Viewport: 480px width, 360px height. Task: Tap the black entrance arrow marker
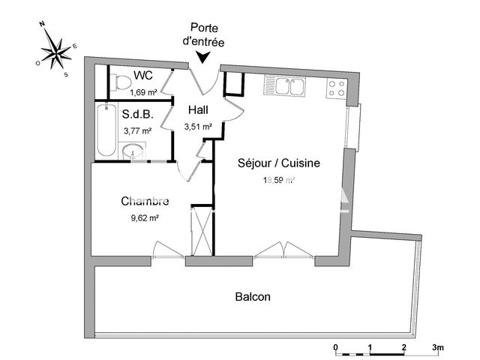point(203,58)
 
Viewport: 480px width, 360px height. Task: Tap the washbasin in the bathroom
point(134,151)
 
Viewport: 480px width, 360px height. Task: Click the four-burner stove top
point(337,89)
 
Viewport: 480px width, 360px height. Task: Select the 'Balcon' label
point(253,297)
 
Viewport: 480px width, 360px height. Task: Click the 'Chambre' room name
point(145,201)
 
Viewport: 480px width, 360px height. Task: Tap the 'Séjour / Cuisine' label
point(279,163)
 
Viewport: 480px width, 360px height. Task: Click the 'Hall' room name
point(199,110)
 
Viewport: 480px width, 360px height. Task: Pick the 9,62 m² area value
point(144,218)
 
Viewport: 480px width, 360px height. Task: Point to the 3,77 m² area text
point(137,130)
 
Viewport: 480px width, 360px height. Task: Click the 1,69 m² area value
point(143,92)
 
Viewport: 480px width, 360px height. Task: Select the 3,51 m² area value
point(198,127)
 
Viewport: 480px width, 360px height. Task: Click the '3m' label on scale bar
point(439,347)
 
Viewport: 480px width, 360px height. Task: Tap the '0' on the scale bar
point(335,347)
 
